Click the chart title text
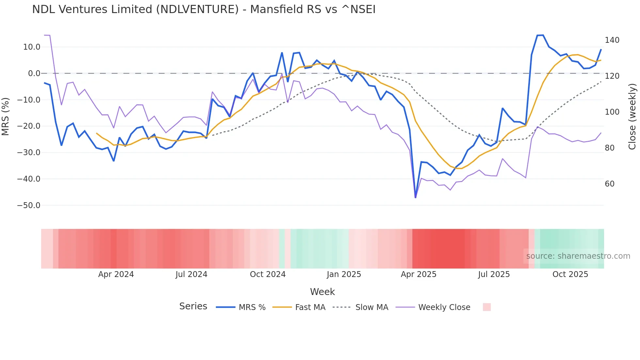204,9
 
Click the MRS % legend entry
252,307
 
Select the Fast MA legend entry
310,307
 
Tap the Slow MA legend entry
372,307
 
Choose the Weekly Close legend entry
444,307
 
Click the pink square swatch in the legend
487,307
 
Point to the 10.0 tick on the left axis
32,47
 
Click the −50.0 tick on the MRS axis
29,205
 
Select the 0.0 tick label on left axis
34,74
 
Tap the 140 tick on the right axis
612,40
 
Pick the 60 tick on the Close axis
610,184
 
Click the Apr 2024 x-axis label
116,274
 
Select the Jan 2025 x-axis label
344,274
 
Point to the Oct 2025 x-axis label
570,274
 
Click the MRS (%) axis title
6,116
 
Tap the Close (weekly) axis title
632,116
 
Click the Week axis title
322,292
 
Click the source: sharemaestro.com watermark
578,256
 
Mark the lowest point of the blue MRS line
415,197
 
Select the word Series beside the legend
193,306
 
